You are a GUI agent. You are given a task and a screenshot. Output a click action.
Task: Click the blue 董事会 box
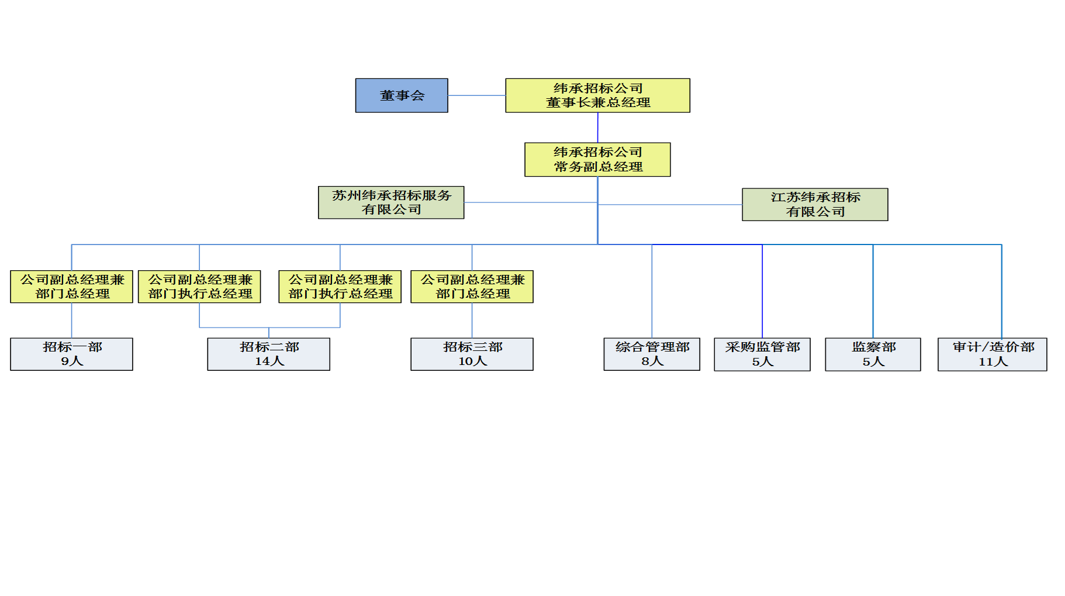(402, 95)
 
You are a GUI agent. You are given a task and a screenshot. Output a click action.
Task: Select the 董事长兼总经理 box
(597, 95)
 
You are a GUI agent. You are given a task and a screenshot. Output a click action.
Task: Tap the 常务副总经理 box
(597, 160)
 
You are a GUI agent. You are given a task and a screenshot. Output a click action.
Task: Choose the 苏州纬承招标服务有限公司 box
(391, 202)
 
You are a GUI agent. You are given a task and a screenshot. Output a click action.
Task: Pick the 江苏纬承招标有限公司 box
(815, 204)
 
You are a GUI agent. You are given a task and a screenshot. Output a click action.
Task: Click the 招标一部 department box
(71, 354)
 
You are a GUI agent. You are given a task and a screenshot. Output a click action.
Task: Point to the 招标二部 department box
(269, 354)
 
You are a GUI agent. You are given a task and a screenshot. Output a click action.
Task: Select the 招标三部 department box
(472, 354)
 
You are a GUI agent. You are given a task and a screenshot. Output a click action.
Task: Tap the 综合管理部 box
(652, 354)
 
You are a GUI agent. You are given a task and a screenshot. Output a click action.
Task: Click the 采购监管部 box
(762, 354)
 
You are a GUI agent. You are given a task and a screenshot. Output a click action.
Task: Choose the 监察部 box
(873, 354)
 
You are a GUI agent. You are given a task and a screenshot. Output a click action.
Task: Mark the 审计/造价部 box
(993, 354)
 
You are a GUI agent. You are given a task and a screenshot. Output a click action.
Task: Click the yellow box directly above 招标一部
(71, 287)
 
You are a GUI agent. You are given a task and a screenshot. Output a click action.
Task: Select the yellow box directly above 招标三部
(472, 287)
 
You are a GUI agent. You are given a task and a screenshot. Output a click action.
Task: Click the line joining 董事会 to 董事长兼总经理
(476, 95)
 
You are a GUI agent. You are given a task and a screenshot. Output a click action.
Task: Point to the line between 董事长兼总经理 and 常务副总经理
(598, 128)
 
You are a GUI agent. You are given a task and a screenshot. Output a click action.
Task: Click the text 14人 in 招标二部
(269, 361)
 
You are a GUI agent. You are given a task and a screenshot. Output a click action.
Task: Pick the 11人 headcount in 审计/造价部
(993, 362)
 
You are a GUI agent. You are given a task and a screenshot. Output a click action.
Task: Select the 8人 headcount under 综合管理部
(652, 361)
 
